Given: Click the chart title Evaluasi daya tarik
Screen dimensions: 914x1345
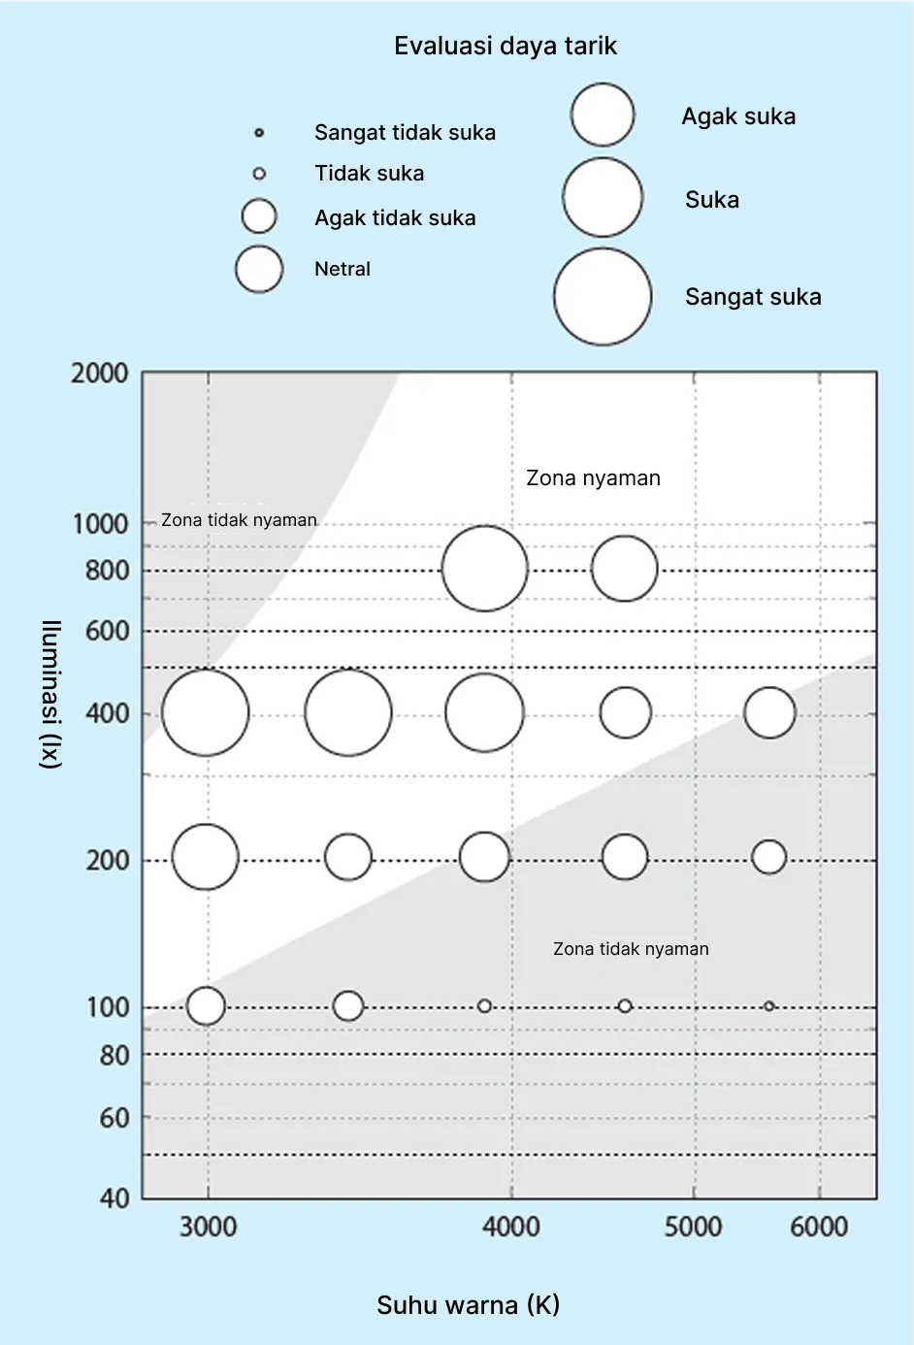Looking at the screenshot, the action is (x=506, y=47).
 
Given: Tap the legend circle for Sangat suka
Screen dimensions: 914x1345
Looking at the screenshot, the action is (x=603, y=297).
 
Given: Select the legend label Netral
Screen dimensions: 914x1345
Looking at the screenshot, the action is (x=343, y=269).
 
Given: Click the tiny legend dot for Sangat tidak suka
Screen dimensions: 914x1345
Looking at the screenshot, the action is (x=259, y=133).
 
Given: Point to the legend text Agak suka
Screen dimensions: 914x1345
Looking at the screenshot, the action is (x=738, y=116).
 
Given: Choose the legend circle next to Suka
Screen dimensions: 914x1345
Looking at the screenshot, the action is (x=603, y=198).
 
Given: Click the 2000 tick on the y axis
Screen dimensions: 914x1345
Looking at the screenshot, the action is (x=100, y=374).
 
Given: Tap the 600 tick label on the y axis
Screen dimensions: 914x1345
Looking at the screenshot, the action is (x=108, y=631).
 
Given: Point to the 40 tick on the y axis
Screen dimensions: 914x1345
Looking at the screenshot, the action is (x=114, y=1199).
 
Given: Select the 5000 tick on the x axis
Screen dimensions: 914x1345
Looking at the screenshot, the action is (x=693, y=1227).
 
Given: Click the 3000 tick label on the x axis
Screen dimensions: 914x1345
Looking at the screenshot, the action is (x=208, y=1227).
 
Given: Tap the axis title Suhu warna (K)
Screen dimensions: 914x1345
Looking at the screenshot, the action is (x=469, y=1305).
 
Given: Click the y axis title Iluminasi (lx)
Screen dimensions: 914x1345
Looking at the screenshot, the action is (x=51, y=695).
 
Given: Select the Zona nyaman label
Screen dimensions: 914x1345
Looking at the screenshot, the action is (x=593, y=478).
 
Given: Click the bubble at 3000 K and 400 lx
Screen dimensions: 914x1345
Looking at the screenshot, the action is (x=206, y=712).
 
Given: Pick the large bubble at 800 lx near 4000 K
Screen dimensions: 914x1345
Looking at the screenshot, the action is (x=484, y=569).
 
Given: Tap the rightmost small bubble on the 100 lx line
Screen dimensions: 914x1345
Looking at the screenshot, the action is (x=769, y=1005).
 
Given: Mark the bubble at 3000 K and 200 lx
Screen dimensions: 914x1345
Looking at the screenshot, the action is (x=206, y=857).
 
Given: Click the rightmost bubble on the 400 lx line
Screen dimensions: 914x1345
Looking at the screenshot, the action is (x=769, y=712).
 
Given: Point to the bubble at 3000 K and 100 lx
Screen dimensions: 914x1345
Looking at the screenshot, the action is (x=206, y=1005).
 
